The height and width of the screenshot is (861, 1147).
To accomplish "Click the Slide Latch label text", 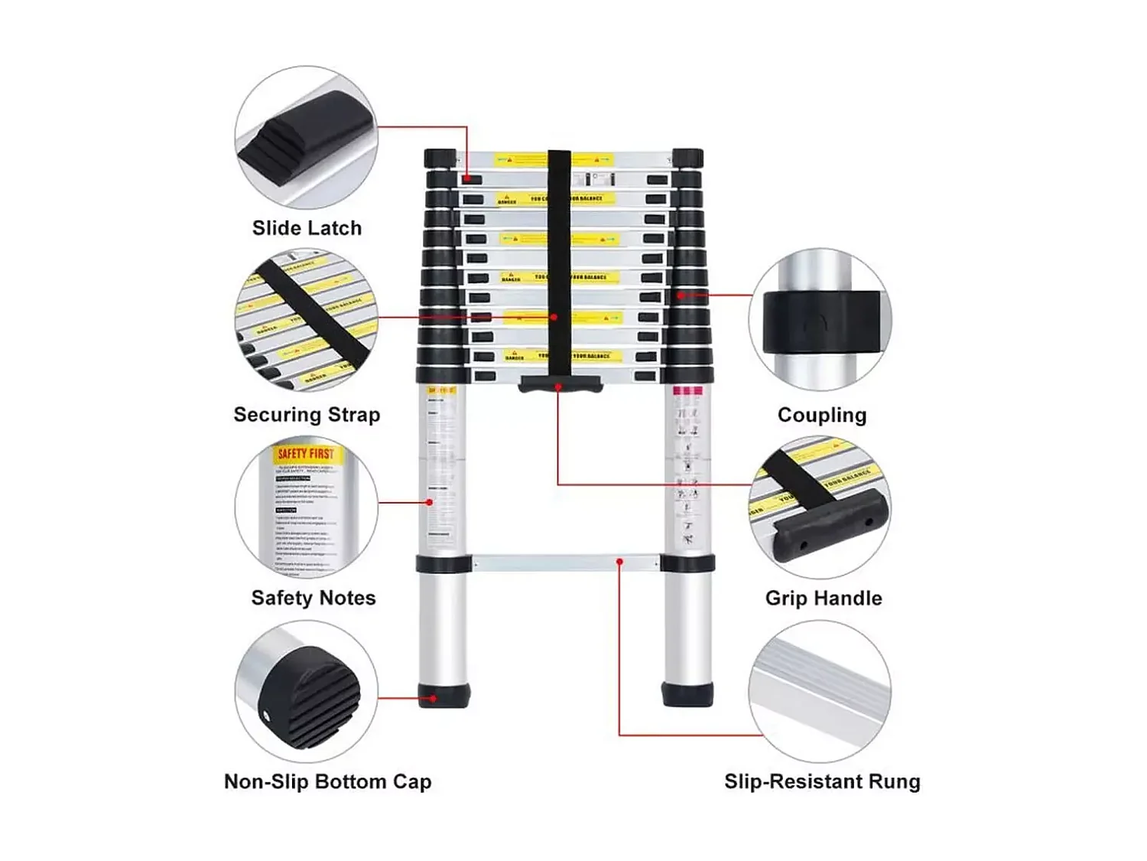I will (x=307, y=228).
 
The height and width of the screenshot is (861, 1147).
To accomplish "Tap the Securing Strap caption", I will (x=307, y=415).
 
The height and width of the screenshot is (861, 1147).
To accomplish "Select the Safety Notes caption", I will (x=314, y=598).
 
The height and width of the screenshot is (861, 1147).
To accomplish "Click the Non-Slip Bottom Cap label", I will (x=327, y=781).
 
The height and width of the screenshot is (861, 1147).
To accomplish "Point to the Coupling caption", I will (x=822, y=415).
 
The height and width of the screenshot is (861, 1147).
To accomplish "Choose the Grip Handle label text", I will (x=824, y=598).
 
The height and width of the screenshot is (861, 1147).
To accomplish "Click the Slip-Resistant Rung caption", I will (x=822, y=781).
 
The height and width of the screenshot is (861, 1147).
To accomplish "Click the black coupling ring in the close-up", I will (x=822, y=322).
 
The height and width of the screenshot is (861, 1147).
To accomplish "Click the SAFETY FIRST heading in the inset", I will (x=306, y=454).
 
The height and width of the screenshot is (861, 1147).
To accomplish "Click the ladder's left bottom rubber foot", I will (x=444, y=695).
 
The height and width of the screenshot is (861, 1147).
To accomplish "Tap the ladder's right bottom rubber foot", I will (x=687, y=694).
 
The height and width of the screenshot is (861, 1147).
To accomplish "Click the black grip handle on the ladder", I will (x=561, y=383).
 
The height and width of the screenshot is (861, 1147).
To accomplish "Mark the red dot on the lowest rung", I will (x=619, y=563).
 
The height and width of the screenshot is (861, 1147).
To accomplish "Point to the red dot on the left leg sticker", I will (x=430, y=502).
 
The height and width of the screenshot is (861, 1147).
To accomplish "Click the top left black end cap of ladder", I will (x=440, y=158).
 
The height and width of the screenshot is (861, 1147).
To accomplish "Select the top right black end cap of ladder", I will (x=687, y=158).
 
